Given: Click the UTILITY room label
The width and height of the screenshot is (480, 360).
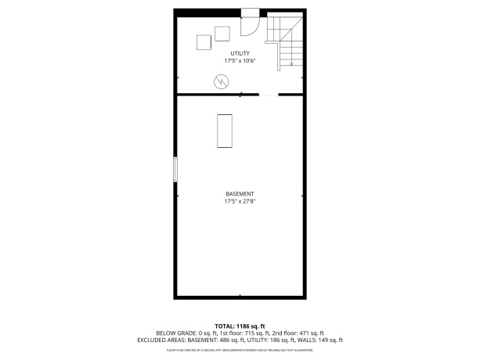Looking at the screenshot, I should pos(240,53).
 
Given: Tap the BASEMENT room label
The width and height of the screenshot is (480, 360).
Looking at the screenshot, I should pos(240,194).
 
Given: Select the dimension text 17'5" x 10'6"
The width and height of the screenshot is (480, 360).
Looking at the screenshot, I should pos(240,60).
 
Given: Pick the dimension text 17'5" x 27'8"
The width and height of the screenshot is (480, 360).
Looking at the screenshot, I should pos(240,201).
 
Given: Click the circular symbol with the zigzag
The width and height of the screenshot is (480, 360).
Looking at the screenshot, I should pos(221,81).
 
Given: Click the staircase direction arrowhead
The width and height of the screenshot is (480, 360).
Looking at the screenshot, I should pos(291,64).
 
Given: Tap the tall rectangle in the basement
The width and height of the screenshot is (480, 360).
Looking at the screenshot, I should pos(225,130).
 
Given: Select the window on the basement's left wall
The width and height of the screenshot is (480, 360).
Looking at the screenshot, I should pos(175,170).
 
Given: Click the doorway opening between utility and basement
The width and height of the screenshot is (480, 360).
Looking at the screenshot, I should pos(269,95).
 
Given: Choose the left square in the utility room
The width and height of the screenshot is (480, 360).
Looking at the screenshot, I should pos(204,43).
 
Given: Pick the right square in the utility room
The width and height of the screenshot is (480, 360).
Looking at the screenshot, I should pos(222,33).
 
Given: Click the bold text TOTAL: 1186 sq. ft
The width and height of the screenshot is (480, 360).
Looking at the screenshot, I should pos(240,326).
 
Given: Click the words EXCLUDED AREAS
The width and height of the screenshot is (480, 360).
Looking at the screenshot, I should pos(161,340).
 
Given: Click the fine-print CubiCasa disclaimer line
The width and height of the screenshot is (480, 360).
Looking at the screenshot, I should pos(240,350).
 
